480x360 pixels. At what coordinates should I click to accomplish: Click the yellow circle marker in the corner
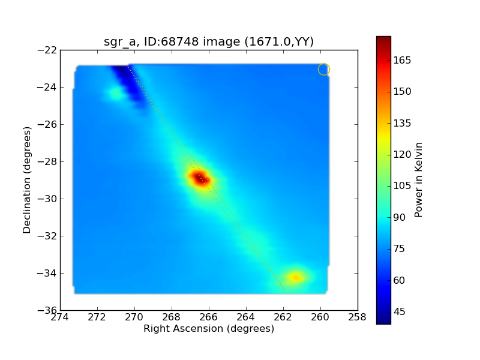pos(324,69)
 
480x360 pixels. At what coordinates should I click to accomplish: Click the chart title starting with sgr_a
pos(209,41)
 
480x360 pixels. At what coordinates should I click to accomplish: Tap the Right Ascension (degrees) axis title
pos(209,329)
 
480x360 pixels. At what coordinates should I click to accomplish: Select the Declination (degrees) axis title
pos(27,180)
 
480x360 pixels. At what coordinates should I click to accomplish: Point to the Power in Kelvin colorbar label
pos(419,179)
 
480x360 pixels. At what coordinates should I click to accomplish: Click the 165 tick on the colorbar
pos(403,61)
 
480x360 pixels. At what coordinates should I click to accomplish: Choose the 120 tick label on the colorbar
pos(403,155)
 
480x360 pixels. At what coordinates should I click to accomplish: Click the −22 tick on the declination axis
pos(47,50)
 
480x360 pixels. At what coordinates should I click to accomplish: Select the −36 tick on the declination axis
pos(47,310)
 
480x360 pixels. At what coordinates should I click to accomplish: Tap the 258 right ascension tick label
pos(358,317)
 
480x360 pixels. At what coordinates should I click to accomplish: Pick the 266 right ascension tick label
pos(209,317)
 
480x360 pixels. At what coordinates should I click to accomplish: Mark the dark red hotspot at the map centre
pos(200,178)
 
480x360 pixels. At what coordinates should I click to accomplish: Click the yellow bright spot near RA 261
pos(295,277)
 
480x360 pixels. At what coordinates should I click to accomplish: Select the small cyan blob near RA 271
pos(115,93)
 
